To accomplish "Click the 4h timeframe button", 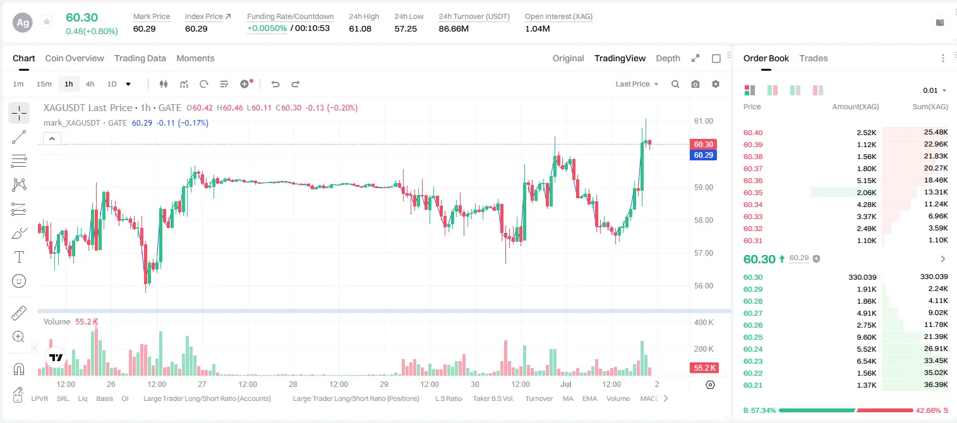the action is point(90,84).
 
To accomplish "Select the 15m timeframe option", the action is point(44,84).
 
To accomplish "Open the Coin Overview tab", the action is point(75,58).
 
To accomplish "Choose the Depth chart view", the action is point(668,58).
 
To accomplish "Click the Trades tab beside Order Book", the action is point(813,58).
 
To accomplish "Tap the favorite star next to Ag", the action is point(47,21).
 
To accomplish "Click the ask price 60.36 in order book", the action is point(753,181).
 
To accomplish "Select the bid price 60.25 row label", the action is point(753,337).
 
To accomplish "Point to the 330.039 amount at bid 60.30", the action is point(862,277).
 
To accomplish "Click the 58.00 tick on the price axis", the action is point(703,220).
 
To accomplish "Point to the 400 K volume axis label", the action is point(704,322).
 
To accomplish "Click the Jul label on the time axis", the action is point(565,384).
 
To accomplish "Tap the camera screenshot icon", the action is point(695,84).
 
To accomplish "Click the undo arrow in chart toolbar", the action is point(275,84).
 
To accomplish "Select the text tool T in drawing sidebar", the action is point(19,257).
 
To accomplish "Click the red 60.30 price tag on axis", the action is point(703,145).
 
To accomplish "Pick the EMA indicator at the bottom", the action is point(589,398).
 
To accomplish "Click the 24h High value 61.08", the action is point(360,28).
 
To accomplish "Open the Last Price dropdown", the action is point(637,84).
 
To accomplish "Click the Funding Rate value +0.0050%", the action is point(267,28).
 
